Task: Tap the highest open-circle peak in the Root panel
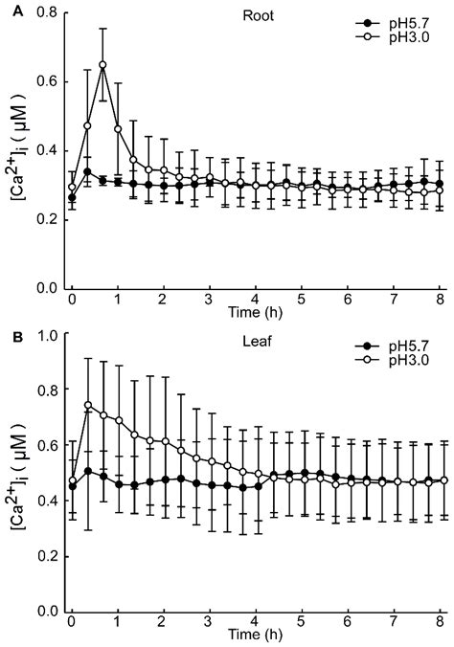coord(102,65)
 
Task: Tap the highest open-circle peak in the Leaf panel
coord(88,405)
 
